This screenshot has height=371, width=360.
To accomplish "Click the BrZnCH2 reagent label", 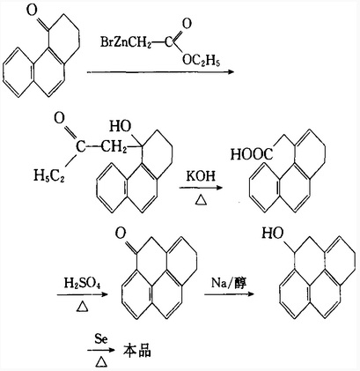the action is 126,42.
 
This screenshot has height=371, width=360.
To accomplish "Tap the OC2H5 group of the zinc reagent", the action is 201,60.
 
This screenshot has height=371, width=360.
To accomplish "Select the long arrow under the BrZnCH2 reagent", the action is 160,72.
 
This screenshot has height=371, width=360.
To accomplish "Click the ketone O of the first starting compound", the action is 32,11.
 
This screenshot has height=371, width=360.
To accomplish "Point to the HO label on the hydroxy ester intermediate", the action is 121,126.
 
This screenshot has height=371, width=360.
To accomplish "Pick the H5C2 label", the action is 49,175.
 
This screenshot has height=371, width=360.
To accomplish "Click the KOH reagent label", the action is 201,175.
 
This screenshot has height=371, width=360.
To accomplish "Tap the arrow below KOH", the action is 202,188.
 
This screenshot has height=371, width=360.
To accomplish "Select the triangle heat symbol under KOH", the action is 201,200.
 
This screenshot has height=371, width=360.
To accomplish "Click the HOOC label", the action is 252,154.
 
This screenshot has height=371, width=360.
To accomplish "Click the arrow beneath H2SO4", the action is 83,294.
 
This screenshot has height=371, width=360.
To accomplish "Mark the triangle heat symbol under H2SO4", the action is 83,307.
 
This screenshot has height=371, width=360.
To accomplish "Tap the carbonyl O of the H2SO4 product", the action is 121,234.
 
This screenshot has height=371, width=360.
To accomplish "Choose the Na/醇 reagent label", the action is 229,283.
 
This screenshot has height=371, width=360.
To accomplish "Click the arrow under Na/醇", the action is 229,294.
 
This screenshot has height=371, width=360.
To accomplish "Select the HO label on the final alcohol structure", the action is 273,233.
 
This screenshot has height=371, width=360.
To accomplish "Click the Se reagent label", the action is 101,339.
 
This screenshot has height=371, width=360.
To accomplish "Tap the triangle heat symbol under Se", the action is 101,362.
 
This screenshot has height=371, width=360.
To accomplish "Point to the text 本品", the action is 137,351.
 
